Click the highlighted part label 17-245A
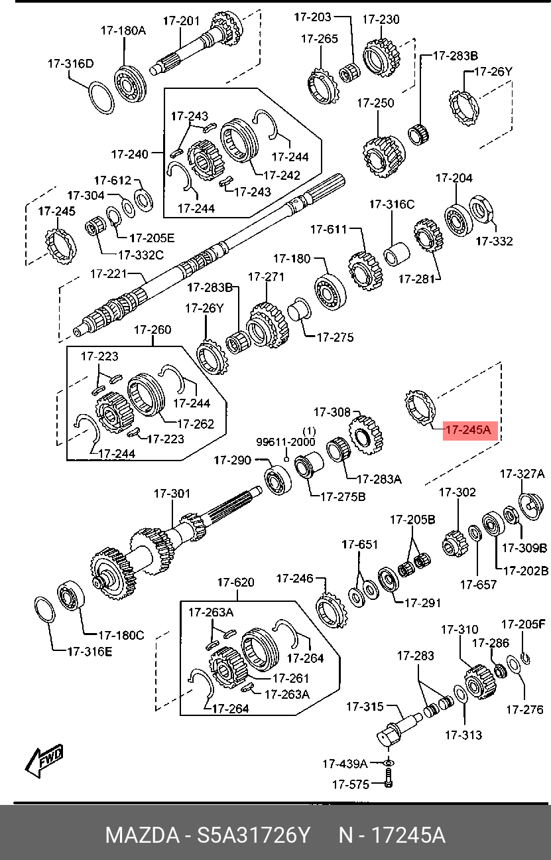[467, 430]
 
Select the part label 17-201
[180, 21]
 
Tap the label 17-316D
[70, 64]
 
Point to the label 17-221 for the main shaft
[109, 273]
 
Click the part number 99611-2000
[286, 441]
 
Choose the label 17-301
[172, 494]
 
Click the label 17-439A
[345, 763]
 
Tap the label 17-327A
[522, 474]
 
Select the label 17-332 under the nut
[494, 241]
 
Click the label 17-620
[235, 583]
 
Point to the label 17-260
[153, 330]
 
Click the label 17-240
[129, 155]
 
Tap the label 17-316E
[90, 651]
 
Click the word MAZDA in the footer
[141, 835]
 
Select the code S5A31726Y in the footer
[254, 835]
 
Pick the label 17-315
[365, 707]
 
